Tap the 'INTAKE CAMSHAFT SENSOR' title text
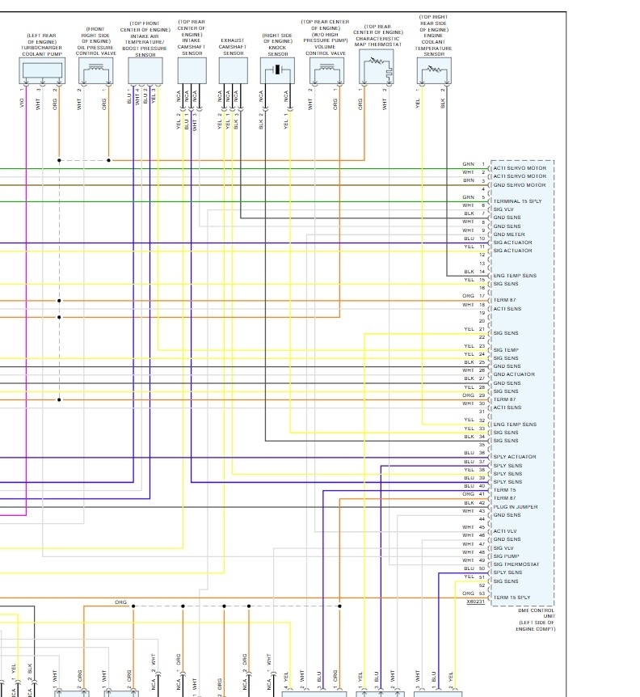192,40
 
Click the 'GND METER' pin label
509,234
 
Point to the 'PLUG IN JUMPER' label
515,507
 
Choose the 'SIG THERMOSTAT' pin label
516,564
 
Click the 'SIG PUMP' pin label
506,556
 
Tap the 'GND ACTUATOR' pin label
514,374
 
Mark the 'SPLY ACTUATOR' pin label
515,457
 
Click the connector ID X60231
475,602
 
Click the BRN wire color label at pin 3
469,181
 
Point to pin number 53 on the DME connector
482,594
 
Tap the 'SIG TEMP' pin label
506,350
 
